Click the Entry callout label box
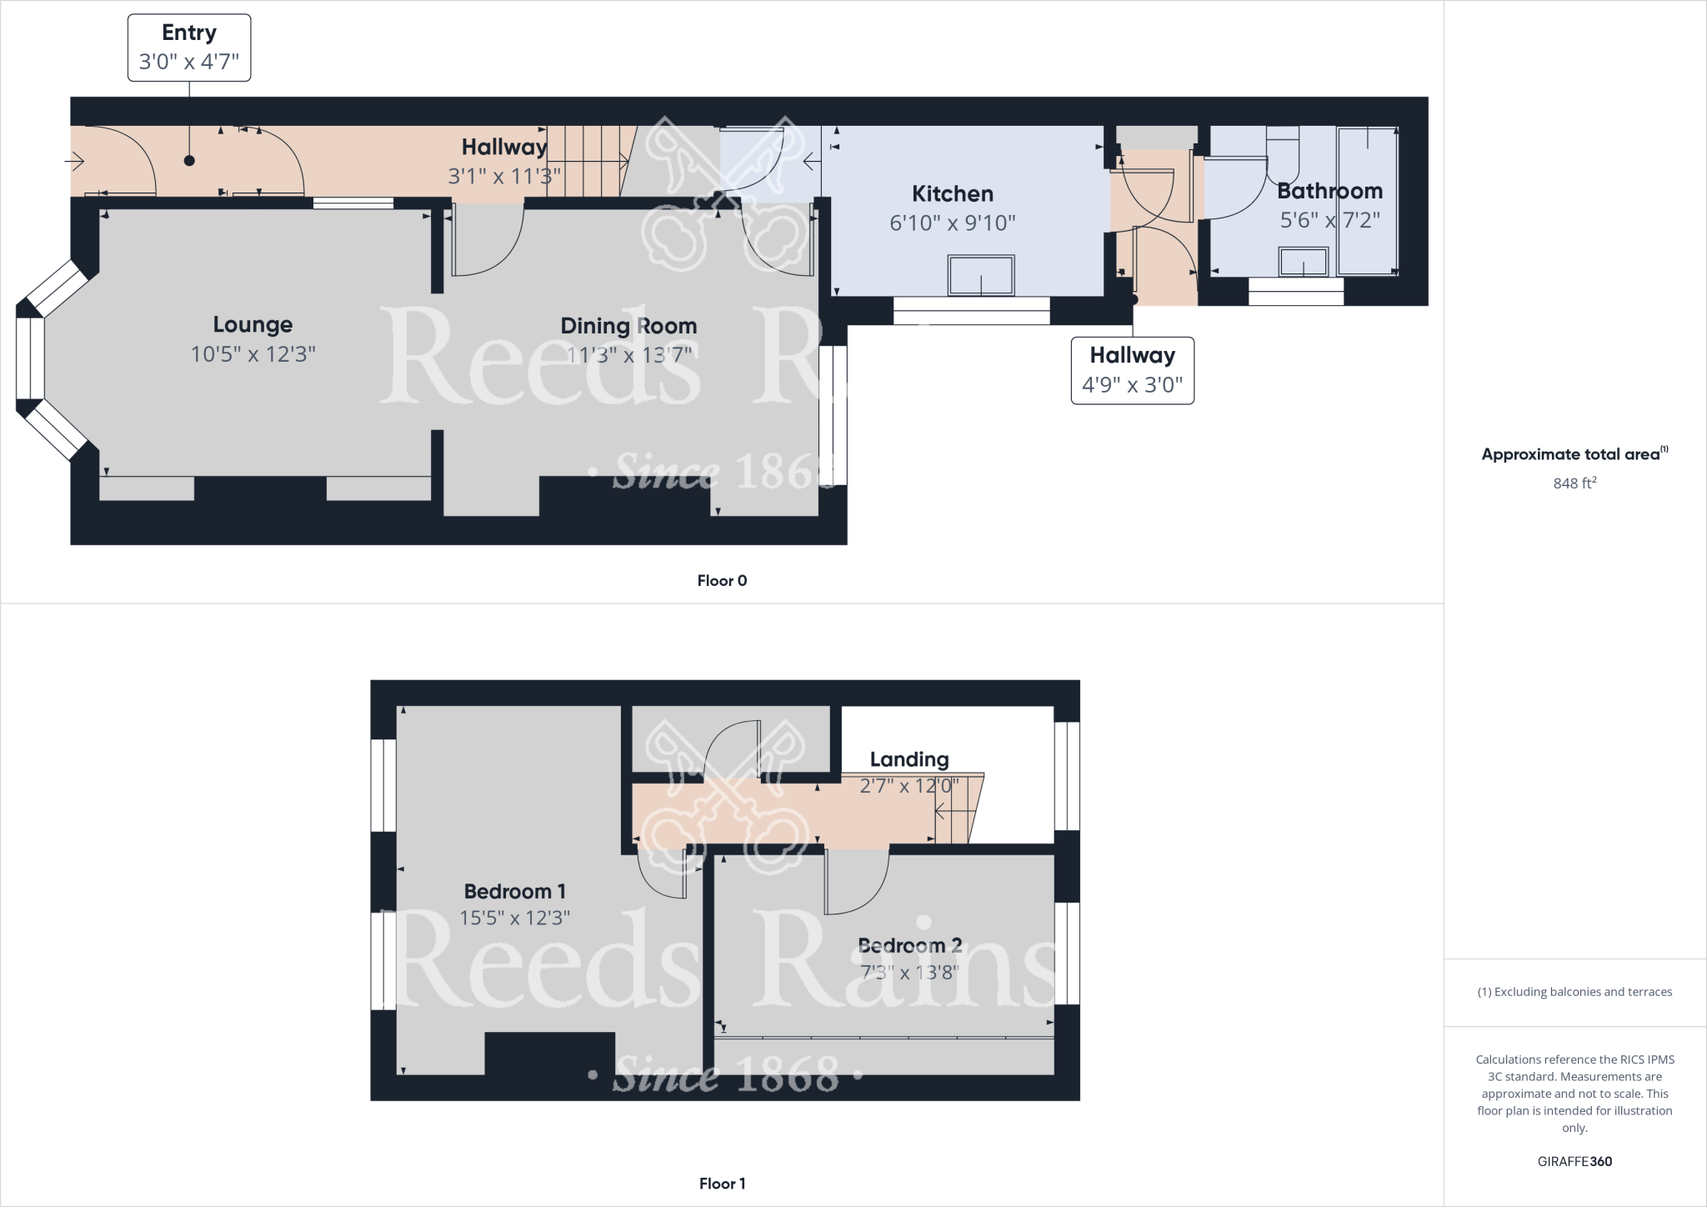click(189, 48)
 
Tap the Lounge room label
click(253, 324)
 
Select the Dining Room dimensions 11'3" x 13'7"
click(628, 355)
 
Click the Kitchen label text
click(952, 194)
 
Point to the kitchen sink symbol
click(981, 275)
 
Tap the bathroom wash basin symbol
click(1304, 262)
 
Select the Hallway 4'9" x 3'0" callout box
click(1132, 370)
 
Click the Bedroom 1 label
click(514, 892)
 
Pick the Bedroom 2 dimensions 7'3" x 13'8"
click(909, 972)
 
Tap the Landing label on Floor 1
click(909, 759)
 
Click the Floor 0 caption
click(722, 581)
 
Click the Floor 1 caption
click(722, 1184)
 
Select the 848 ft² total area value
click(1574, 483)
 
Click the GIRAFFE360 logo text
click(1574, 1161)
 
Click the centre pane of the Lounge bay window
click(30, 358)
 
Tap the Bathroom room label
click(1329, 191)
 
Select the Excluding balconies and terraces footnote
click(1574, 992)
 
